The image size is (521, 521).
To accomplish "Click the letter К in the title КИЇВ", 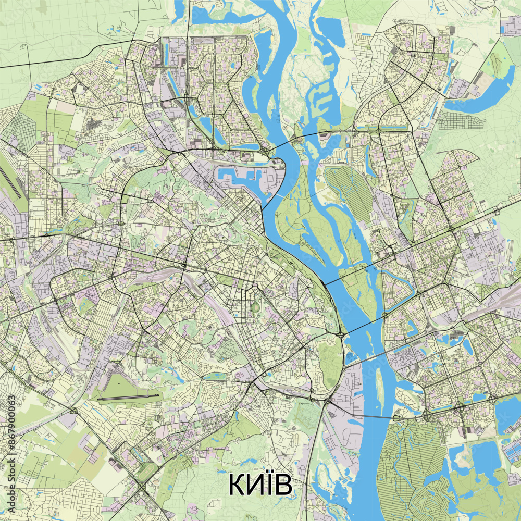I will click(x=237, y=485).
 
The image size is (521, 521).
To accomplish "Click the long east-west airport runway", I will click(x=128, y=398).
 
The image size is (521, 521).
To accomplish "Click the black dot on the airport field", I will click(x=118, y=384).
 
